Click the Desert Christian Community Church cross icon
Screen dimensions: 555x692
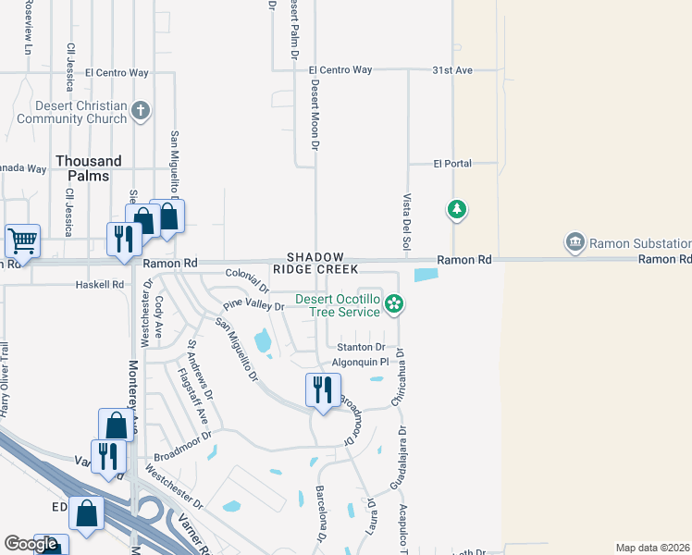click(141, 112)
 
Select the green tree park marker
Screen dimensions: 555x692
click(456, 210)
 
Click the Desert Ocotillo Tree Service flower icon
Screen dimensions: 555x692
click(394, 303)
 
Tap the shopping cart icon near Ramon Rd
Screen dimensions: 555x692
click(22, 240)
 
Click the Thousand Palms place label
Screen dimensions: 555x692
click(89, 168)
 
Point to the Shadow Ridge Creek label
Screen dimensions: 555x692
click(315, 263)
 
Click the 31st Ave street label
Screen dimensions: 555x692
click(452, 70)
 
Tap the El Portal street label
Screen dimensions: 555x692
click(452, 164)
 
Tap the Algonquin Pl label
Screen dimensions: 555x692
click(359, 362)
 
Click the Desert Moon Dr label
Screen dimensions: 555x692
click(315, 115)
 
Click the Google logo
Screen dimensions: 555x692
click(31, 544)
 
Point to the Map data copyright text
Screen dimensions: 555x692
click(653, 548)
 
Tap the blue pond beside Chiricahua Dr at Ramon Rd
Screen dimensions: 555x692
click(426, 275)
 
